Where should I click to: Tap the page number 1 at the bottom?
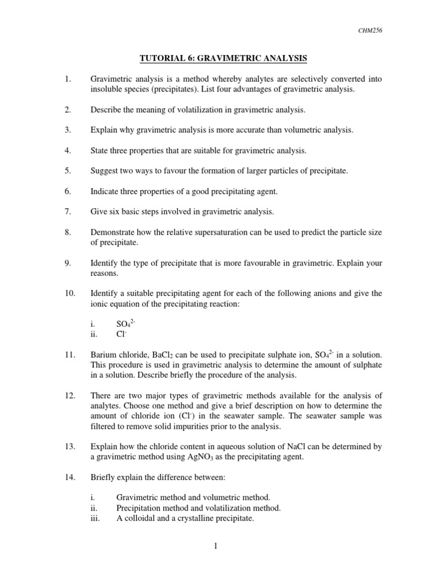[x=216, y=547]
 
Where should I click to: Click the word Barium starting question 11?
[x=104, y=355]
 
